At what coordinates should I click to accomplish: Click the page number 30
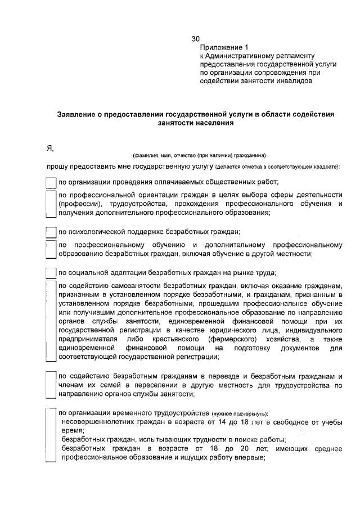pos(196,39)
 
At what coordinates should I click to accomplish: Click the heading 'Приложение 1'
pos(224,48)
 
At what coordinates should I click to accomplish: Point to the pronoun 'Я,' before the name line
pos(50,147)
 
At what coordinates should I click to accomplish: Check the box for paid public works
pos(51,182)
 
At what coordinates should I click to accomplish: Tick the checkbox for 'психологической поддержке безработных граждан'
pos(51,232)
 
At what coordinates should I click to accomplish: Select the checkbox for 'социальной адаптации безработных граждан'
pos(51,273)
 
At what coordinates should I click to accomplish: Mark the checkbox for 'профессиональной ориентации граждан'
pos(51,204)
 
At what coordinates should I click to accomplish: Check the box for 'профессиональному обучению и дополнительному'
pos(51,249)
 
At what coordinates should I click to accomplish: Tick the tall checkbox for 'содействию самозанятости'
pos(51,321)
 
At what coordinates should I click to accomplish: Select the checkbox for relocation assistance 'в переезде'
pos(51,385)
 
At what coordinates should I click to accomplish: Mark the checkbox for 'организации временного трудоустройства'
pos(51,434)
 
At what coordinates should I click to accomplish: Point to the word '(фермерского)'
pos(233,340)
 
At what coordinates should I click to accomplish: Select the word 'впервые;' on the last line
pos(251,458)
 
